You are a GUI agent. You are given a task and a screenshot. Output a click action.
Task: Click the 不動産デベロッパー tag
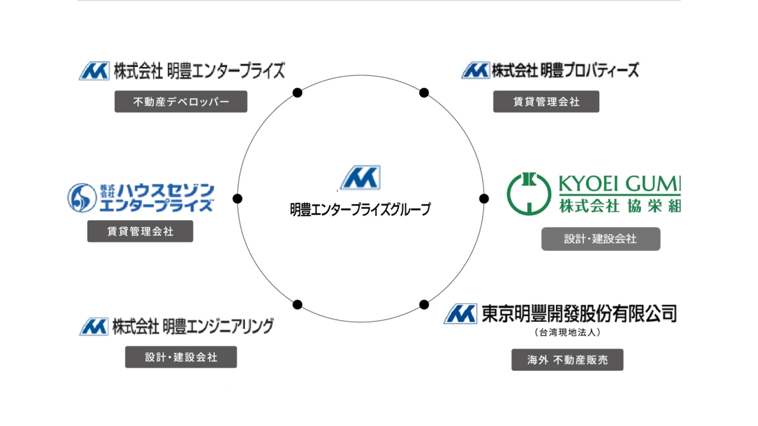point(181,102)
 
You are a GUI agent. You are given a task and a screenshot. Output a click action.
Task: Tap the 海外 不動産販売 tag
point(567,360)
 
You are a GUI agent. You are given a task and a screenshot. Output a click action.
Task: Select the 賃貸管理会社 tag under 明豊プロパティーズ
point(546,102)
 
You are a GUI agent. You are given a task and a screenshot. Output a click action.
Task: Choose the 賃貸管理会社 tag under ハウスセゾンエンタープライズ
point(140,231)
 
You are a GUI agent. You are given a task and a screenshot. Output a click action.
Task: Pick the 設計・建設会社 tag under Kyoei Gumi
point(600,239)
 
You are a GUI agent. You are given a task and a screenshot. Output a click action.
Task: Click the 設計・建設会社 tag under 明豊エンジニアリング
point(181,357)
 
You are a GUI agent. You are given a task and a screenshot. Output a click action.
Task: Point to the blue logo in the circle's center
point(360,178)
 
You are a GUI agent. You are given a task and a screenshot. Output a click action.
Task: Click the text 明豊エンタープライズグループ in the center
point(360,209)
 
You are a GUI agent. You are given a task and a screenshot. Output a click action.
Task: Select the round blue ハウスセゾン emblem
point(82,198)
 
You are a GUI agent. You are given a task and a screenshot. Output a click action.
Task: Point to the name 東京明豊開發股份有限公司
point(579,313)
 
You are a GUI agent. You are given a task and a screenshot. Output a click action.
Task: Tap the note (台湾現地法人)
point(567,333)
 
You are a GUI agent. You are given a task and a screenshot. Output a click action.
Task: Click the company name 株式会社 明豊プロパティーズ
point(565,71)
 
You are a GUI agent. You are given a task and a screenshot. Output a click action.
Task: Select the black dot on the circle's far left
point(237,199)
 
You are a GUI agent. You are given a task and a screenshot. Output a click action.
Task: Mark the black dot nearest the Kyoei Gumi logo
point(484,199)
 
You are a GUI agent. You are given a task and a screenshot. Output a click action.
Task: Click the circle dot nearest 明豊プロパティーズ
point(424,93)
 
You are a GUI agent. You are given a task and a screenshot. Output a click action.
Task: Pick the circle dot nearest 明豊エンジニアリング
point(297,305)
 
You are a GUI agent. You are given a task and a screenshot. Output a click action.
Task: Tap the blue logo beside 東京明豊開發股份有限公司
point(460,314)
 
